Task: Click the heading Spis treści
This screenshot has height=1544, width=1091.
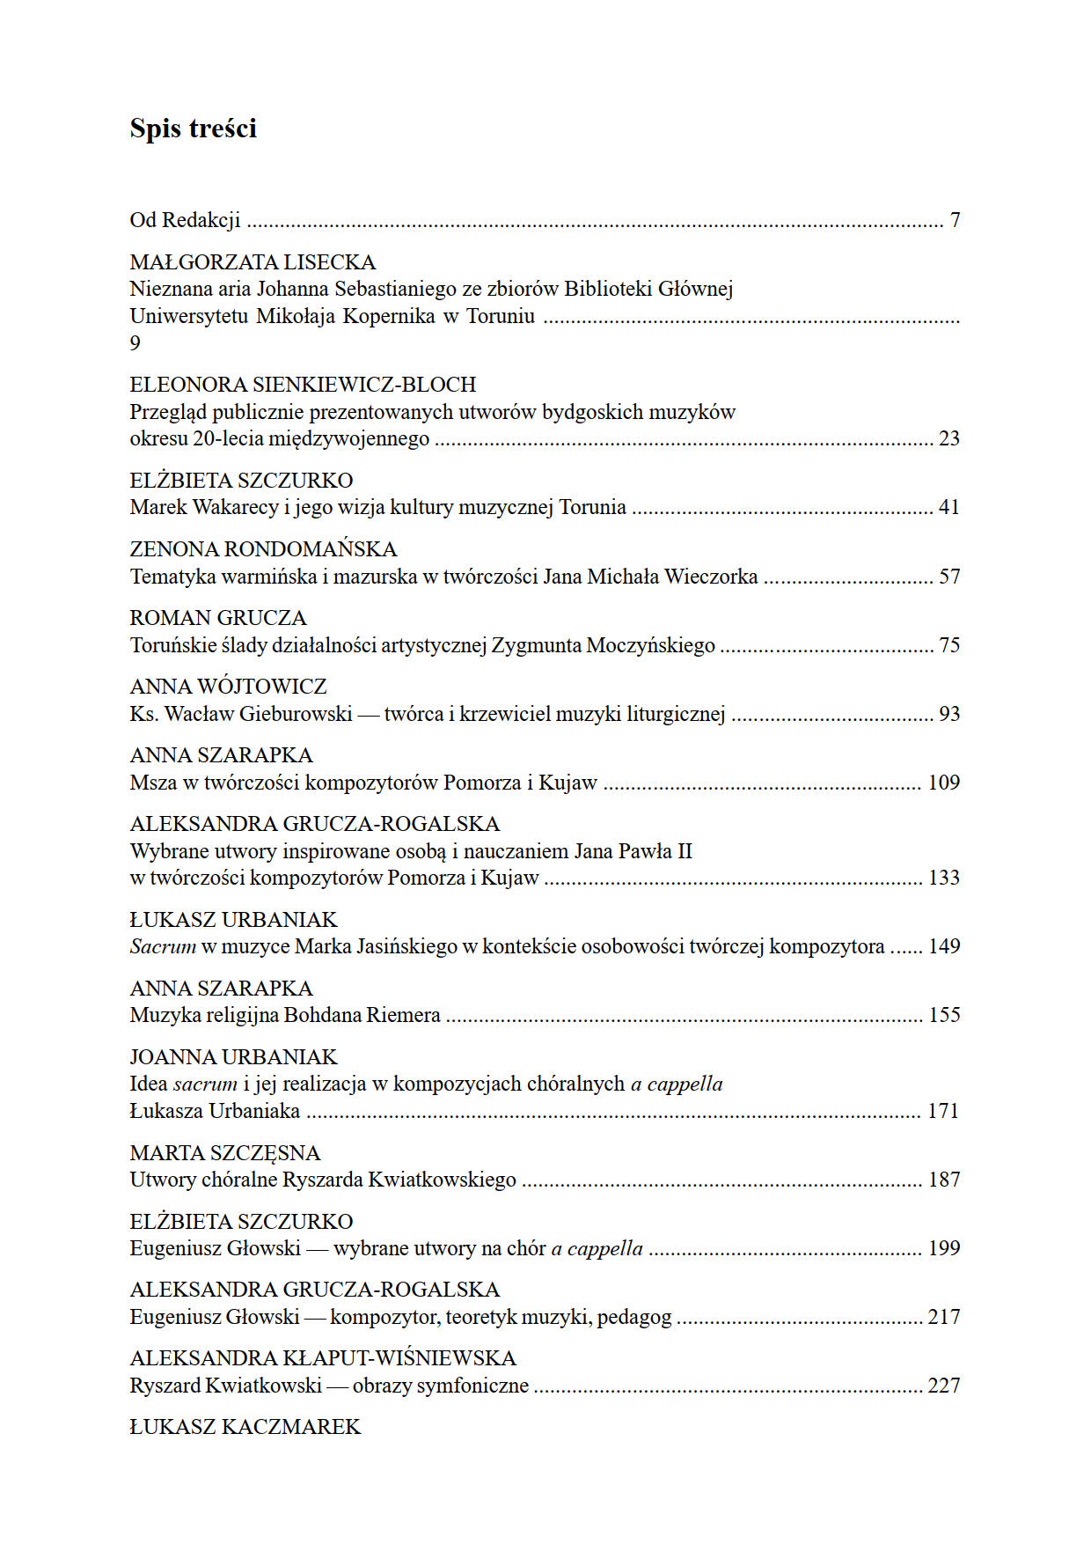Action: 193,129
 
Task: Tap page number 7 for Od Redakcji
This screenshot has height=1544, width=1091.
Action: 955,220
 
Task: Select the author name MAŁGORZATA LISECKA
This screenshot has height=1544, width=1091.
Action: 253,262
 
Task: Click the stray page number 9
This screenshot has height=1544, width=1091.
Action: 135,342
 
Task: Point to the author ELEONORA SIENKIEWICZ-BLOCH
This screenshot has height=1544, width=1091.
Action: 303,385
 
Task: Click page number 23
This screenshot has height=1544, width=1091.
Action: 948,438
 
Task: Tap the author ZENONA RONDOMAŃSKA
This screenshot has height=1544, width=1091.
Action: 263,549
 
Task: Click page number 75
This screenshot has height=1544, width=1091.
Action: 948,645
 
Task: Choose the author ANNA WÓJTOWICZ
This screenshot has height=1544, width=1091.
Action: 228,687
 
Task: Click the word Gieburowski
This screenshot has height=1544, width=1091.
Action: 296,714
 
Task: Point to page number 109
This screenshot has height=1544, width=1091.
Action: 943,783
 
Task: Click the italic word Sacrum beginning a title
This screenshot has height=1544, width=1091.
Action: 162,946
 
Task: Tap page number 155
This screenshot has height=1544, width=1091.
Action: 943,1015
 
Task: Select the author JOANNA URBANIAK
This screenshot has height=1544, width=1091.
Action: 233,1057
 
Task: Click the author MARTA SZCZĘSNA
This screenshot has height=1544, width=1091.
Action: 224,1153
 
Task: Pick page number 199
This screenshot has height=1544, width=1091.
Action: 943,1248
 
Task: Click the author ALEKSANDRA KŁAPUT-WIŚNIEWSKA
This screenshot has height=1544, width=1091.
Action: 322,1358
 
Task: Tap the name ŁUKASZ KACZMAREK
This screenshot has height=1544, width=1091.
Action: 245,1427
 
